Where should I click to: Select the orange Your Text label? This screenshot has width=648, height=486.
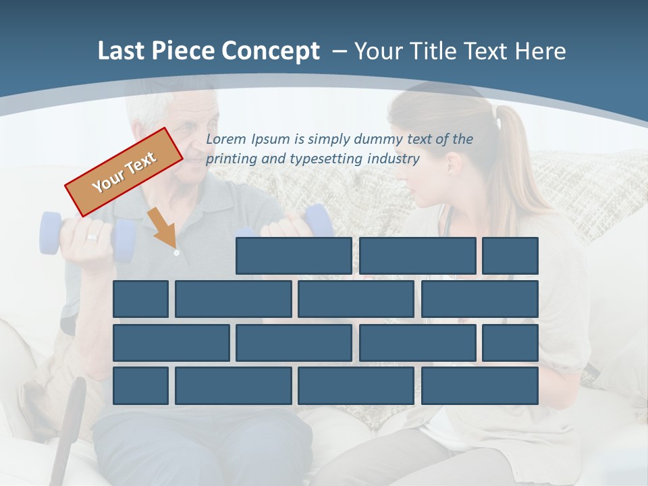click(124, 172)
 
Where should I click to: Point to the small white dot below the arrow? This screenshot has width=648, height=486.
click(176, 252)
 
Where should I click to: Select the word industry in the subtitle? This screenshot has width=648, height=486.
click(393, 159)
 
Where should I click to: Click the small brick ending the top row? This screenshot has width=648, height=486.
click(510, 256)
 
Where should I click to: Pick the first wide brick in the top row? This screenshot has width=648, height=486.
click(294, 256)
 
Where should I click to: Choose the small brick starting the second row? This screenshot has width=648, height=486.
click(140, 299)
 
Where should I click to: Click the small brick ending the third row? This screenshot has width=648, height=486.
click(510, 342)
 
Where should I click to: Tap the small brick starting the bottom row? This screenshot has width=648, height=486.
click(140, 386)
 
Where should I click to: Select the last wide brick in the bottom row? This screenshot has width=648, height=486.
click(480, 386)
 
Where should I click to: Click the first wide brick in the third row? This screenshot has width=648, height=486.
click(171, 342)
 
